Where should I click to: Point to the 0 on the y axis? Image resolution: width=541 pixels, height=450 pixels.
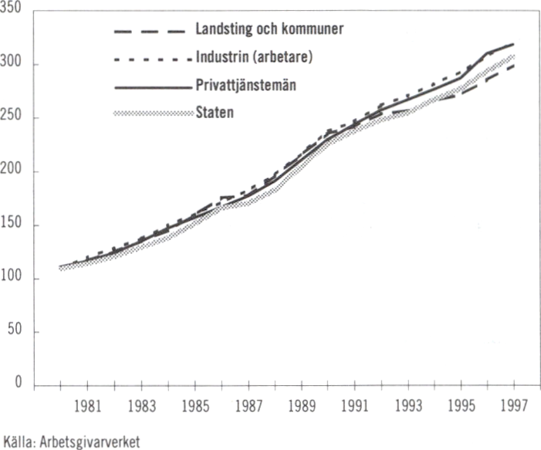[x=24, y=385]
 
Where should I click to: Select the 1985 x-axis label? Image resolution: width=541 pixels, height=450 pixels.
[x=194, y=405]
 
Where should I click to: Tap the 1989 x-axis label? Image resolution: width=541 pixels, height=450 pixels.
[x=300, y=405]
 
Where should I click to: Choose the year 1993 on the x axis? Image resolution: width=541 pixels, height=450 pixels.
[x=407, y=405]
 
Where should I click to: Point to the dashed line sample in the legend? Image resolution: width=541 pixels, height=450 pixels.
[x=150, y=31]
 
